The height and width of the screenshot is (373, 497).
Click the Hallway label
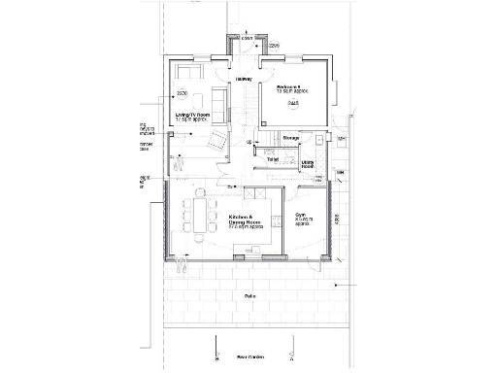coord(244,79)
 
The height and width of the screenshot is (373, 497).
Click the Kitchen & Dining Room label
coord(246,220)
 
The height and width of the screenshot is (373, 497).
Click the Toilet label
coord(273,158)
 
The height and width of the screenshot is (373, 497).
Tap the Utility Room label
coord(307,164)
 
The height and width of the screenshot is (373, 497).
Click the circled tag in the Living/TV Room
coord(181,94)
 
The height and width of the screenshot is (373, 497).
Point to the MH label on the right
coord(340,173)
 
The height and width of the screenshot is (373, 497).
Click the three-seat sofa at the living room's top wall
coord(188,74)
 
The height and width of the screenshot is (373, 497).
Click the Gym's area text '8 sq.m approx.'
coord(302,223)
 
